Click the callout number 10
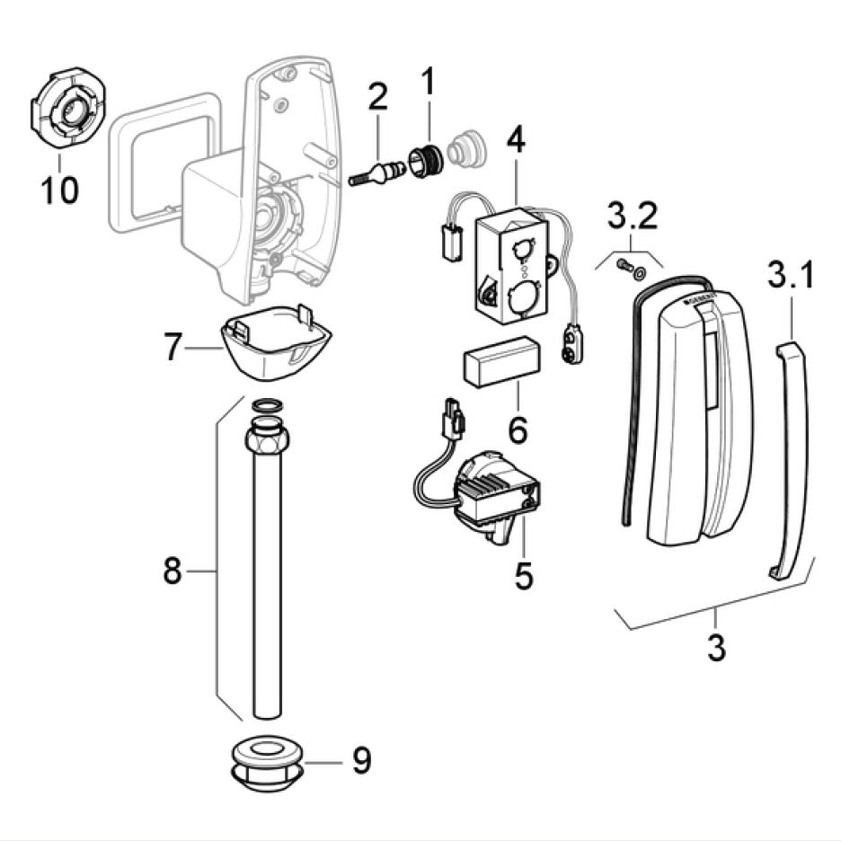pos(59,190)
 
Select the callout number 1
pos(428,83)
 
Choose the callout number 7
pos(176,347)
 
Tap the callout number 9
pos(361,761)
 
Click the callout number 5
pos(524,575)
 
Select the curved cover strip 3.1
pos(793,458)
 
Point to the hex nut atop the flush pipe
pos(267,440)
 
